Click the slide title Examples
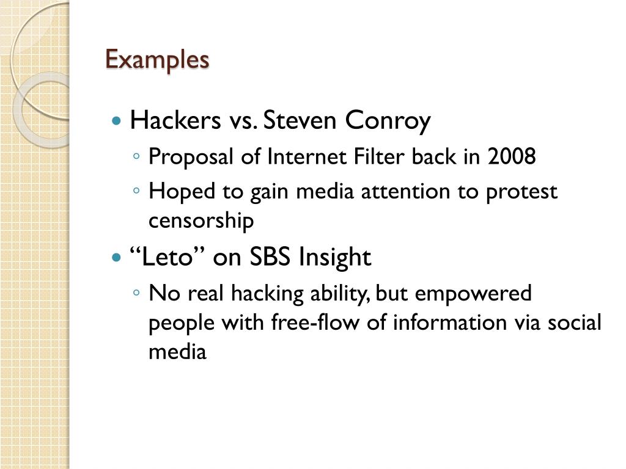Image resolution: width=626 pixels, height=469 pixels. pos(157,60)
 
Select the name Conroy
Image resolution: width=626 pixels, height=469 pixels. pos(388,120)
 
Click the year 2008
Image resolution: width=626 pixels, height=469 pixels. pos(512,157)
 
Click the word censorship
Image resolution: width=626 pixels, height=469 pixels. pos(201,220)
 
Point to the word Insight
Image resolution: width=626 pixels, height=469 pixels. pos(334,258)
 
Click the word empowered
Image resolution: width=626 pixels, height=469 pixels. pos(474,294)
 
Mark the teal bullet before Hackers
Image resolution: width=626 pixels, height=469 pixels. pos(117,121)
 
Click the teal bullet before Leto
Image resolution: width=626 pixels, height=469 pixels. pos(117,258)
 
